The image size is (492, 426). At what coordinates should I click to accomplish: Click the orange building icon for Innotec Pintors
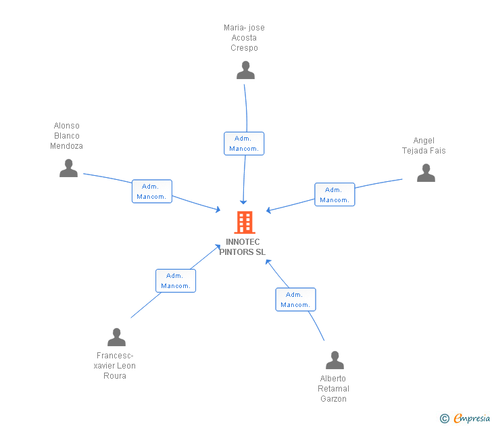point(244,222)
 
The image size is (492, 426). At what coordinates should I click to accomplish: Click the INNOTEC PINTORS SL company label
point(243,247)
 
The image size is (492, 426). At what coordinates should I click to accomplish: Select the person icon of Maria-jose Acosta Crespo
point(245,70)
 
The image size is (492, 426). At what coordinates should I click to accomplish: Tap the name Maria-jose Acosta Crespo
point(244,38)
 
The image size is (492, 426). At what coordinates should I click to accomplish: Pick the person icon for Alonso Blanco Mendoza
point(68,168)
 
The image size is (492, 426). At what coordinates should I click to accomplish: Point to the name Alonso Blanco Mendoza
point(66,136)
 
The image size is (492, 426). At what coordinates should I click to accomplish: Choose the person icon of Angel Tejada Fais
point(426,173)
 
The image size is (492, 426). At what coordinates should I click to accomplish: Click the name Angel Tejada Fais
point(424,145)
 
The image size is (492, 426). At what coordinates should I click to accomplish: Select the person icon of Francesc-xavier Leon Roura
point(116,337)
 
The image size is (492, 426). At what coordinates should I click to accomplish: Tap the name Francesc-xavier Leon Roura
point(116,366)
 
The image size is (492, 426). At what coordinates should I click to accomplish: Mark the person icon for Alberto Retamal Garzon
point(335,360)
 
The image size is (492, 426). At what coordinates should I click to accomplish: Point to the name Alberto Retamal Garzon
point(333,389)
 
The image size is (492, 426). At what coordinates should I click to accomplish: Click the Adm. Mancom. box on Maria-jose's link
point(244,143)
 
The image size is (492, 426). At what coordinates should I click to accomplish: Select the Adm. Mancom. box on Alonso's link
point(152,191)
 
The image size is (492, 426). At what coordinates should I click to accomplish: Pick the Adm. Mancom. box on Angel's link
point(335,195)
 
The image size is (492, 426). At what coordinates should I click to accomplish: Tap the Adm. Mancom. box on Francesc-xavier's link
point(176,281)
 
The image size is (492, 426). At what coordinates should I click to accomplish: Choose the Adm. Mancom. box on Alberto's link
point(295,300)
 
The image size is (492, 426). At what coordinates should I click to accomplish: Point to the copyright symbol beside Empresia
point(444,419)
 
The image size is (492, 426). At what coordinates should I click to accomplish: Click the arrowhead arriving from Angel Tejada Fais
point(269,210)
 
